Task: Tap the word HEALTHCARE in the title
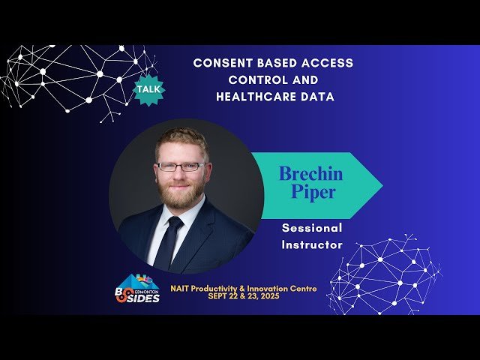pos(249,96)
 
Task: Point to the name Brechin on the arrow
pos(310,173)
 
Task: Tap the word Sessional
pos(311,228)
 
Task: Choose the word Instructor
pos(311,244)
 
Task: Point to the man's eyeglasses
pos(181,166)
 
